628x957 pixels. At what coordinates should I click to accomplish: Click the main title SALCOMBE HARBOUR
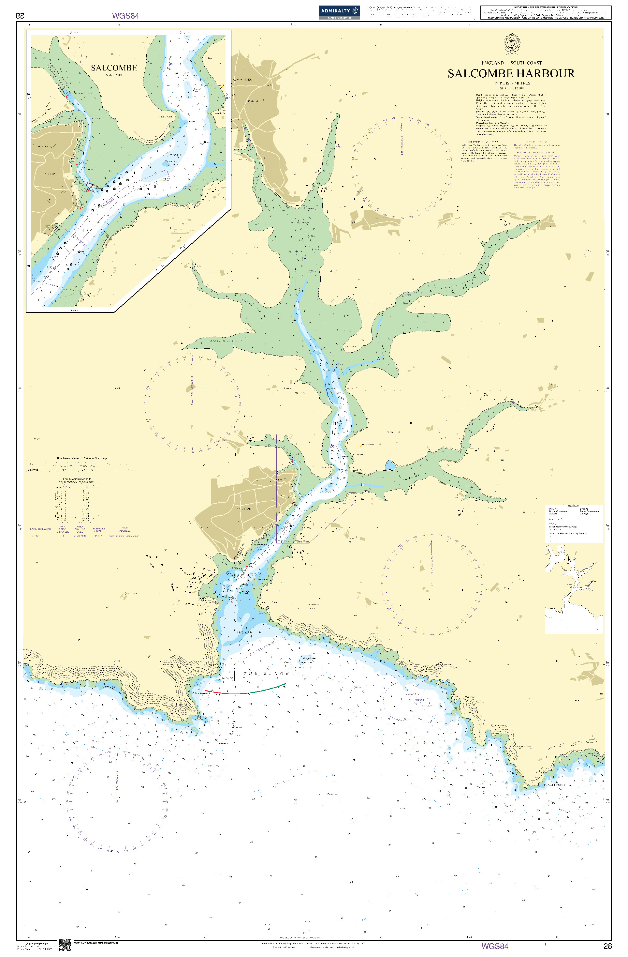[511, 74]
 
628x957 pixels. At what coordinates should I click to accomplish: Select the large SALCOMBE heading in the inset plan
[114, 68]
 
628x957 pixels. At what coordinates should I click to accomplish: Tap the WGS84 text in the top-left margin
[125, 16]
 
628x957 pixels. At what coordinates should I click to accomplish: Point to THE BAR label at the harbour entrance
[245, 632]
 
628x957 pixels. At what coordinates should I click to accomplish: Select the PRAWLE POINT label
[554, 784]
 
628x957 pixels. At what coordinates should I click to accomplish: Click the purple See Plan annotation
[302, 541]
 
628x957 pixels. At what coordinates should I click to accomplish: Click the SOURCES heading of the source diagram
[573, 506]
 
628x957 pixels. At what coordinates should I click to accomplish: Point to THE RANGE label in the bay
[266, 674]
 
